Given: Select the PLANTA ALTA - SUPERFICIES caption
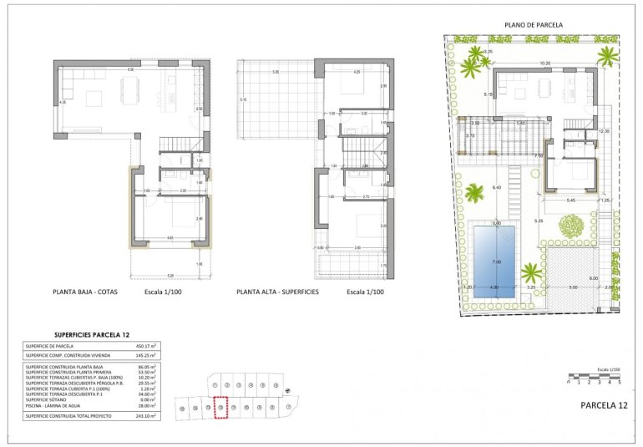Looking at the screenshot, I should click(278, 292).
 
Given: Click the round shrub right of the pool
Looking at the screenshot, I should click(571, 226).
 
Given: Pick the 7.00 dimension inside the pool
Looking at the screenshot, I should click(496, 262).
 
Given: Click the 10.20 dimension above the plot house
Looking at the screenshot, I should click(544, 63).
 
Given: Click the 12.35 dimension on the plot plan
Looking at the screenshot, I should click(604, 131).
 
